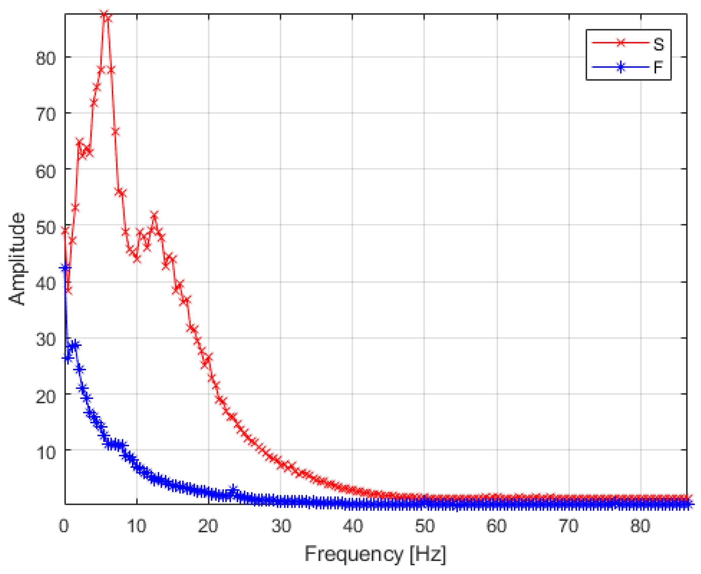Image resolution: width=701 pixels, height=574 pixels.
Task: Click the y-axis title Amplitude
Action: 17,259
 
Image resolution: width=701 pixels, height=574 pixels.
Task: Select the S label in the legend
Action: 658,44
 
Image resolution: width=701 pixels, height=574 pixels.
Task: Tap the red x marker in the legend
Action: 621,43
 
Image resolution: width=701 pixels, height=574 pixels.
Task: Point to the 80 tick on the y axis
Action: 46,58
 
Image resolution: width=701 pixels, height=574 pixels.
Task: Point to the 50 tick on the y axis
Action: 46,227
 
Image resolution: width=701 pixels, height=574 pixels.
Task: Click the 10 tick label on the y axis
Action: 46,452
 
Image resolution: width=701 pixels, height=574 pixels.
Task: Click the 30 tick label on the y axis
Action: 46,339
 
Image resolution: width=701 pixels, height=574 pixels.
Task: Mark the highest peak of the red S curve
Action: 104,15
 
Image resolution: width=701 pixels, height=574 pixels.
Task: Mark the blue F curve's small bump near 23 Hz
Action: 234,489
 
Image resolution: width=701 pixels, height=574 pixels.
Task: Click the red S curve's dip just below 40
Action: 69,290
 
